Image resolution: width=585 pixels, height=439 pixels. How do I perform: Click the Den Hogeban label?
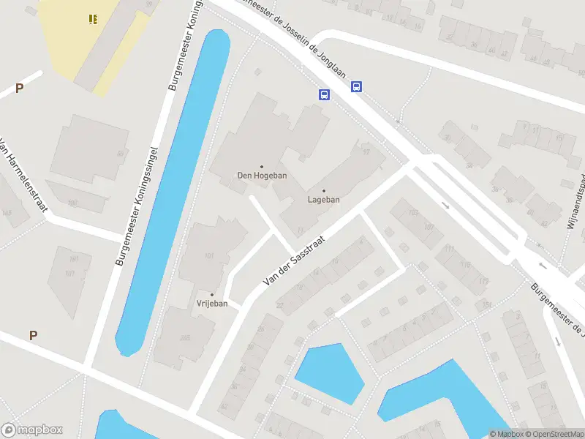(x=262, y=176)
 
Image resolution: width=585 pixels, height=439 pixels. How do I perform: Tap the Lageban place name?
(x=323, y=199)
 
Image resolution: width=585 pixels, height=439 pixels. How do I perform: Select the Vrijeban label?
(x=212, y=304)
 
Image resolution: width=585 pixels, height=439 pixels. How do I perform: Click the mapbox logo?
(x=32, y=430)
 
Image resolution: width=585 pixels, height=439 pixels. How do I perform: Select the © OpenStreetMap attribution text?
(x=550, y=434)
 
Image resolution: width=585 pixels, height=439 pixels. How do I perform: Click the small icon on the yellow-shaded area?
(x=93, y=19)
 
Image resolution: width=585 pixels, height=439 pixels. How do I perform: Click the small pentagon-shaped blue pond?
(x=328, y=372)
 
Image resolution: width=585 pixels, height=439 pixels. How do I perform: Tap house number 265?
(x=185, y=338)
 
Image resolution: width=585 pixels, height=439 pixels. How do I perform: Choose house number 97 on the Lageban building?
(x=366, y=152)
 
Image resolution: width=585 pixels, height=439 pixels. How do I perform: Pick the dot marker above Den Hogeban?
(x=262, y=166)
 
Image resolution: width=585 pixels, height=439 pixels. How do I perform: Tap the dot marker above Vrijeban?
(x=212, y=294)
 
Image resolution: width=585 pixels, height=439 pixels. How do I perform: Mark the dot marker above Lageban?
(x=323, y=190)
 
